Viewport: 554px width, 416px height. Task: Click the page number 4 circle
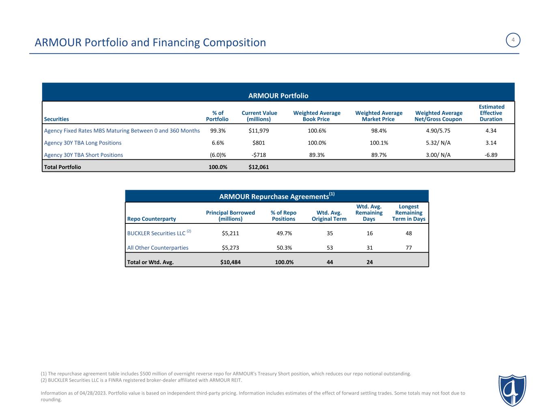[513, 40]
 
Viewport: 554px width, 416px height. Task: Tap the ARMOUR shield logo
[512, 390]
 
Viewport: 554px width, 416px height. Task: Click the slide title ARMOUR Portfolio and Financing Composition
[150, 42]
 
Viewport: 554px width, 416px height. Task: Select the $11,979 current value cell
[259, 131]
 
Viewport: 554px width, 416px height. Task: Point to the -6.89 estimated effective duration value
[491, 155]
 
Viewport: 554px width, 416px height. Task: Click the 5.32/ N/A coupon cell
[438, 143]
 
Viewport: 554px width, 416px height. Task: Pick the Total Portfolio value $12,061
[259, 167]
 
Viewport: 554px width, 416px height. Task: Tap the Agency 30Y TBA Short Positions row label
[84, 155]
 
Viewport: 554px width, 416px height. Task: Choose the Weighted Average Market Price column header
[379, 116]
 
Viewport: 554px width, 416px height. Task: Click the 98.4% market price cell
[379, 131]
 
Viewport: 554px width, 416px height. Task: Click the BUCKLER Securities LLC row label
[156, 234]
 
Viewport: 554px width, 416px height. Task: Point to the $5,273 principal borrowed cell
[230, 248]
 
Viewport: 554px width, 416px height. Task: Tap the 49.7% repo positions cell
[284, 234]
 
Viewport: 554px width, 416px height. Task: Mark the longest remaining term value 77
[408, 248]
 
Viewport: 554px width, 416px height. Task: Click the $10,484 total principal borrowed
[230, 262]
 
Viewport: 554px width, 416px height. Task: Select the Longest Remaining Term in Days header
[409, 213]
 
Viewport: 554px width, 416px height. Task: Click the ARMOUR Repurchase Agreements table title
[277, 196]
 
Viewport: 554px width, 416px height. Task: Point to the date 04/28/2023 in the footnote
[92, 393]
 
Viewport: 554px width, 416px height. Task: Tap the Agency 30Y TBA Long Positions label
[83, 143]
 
